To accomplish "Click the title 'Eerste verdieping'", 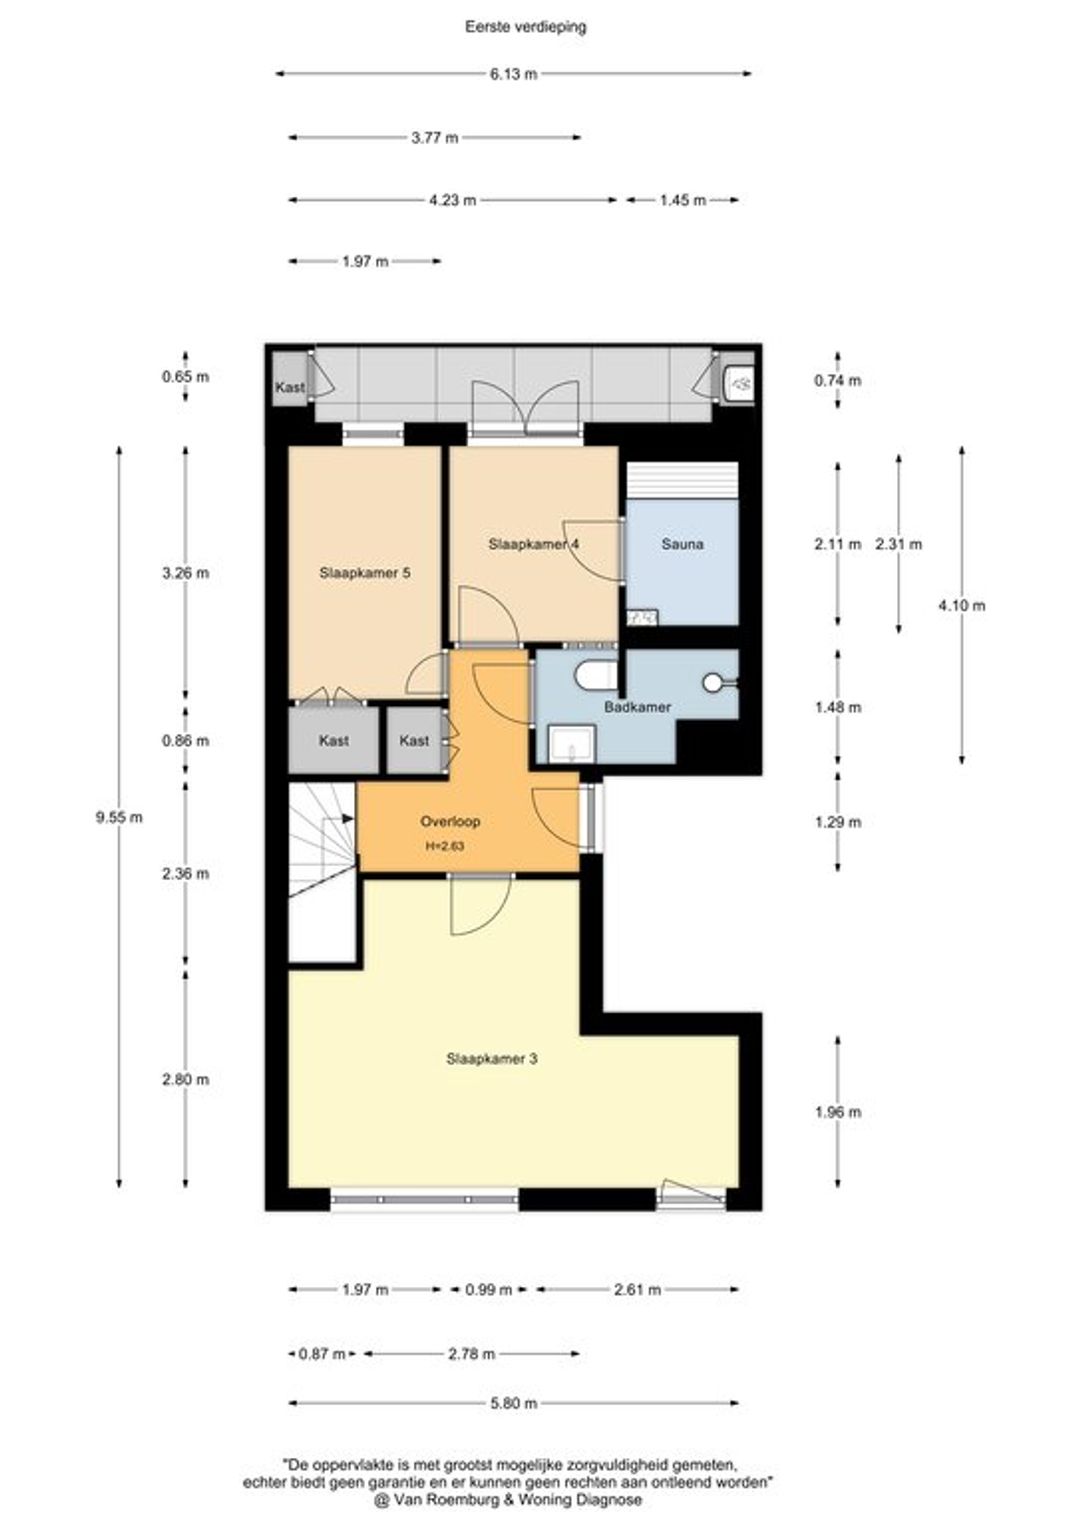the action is (x=525, y=27).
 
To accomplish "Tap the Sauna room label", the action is (x=682, y=544).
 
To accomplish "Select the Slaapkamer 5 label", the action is (x=365, y=572).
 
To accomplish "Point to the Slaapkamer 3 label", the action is (x=492, y=1058).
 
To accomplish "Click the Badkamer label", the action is (x=637, y=707).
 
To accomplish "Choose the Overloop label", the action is (x=450, y=821).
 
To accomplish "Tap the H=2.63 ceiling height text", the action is (x=445, y=846).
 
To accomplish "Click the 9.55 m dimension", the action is (x=119, y=817).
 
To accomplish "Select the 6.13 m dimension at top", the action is (x=513, y=74).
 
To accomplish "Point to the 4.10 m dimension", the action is (x=961, y=605).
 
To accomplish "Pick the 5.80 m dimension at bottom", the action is (x=513, y=1402).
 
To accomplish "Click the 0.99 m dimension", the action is (x=488, y=1289).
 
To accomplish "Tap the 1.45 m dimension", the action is (x=682, y=200).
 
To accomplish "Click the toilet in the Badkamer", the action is (x=596, y=675).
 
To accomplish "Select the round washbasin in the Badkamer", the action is (x=714, y=681).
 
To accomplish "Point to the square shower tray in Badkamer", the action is (x=572, y=744).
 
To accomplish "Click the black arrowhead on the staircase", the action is (x=348, y=818).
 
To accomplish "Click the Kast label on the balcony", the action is (x=289, y=387).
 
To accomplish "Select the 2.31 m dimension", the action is (x=899, y=544).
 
